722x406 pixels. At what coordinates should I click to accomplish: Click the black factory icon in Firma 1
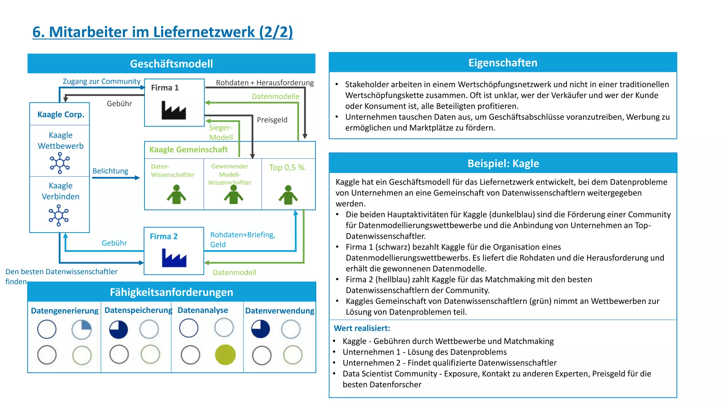(173, 110)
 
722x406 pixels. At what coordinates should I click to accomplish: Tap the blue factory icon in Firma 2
(174, 258)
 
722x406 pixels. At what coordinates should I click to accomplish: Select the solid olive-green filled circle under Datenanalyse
(225, 355)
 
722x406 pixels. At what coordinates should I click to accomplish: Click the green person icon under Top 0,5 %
(288, 195)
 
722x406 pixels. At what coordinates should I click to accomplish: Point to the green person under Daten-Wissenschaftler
(176, 195)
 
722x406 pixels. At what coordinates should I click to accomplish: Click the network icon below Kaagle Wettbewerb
(60, 163)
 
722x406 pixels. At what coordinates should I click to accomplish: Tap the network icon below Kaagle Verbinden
(59, 215)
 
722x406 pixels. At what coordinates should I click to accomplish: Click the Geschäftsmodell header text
(171, 64)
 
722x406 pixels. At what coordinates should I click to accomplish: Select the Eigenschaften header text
(503, 63)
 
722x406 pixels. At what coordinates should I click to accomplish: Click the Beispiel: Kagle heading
(503, 164)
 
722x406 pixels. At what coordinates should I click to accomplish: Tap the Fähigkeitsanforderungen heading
(171, 292)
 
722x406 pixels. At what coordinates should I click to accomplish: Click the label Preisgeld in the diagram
(272, 120)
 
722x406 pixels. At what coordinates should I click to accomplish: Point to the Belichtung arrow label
(110, 171)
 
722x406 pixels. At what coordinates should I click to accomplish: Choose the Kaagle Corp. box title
(61, 115)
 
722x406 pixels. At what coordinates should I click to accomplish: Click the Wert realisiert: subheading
(362, 328)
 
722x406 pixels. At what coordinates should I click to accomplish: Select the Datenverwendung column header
(280, 310)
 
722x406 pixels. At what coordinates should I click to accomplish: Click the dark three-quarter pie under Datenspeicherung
(118, 330)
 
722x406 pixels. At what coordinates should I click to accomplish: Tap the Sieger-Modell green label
(221, 133)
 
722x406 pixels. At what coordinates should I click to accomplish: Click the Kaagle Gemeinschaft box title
(188, 149)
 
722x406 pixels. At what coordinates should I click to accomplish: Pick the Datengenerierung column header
(65, 310)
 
